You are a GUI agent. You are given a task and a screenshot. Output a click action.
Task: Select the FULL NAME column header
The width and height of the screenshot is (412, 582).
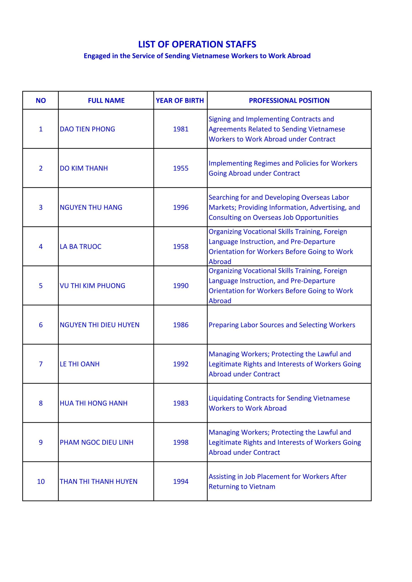click(x=106, y=101)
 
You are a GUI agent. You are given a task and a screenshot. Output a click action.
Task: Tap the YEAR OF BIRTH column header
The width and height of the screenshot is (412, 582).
click(x=180, y=101)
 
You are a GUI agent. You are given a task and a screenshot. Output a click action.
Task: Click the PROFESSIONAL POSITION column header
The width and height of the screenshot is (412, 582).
click(x=289, y=101)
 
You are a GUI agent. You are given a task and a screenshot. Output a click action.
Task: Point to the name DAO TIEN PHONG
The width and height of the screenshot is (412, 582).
click(x=87, y=129)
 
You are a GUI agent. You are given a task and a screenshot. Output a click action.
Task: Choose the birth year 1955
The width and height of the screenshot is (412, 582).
click(x=181, y=168)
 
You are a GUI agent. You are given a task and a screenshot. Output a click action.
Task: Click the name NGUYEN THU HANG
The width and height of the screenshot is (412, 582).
click(x=91, y=207)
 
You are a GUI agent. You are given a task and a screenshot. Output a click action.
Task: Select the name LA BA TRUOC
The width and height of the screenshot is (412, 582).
click(x=81, y=247)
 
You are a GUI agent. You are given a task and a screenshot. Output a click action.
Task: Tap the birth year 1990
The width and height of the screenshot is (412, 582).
click(x=181, y=286)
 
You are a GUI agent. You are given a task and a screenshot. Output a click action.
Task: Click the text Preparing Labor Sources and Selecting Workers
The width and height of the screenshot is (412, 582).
click(x=282, y=325)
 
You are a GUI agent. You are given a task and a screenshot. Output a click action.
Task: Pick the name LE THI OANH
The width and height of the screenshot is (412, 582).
click(x=79, y=364)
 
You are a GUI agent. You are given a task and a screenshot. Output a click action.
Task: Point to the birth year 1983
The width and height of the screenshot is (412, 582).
click(x=181, y=403)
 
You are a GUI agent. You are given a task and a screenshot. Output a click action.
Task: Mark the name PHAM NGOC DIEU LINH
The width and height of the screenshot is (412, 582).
click(x=96, y=442)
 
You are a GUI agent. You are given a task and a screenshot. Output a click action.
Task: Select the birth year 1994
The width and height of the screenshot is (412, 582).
click(x=181, y=482)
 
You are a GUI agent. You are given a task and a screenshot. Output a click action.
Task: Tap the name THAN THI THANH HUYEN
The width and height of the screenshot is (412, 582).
click(x=99, y=482)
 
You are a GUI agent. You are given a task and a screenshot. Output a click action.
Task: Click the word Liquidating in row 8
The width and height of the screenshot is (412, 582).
click(x=225, y=399)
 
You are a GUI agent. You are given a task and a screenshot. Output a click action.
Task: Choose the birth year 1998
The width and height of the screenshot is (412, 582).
click(x=181, y=442)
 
